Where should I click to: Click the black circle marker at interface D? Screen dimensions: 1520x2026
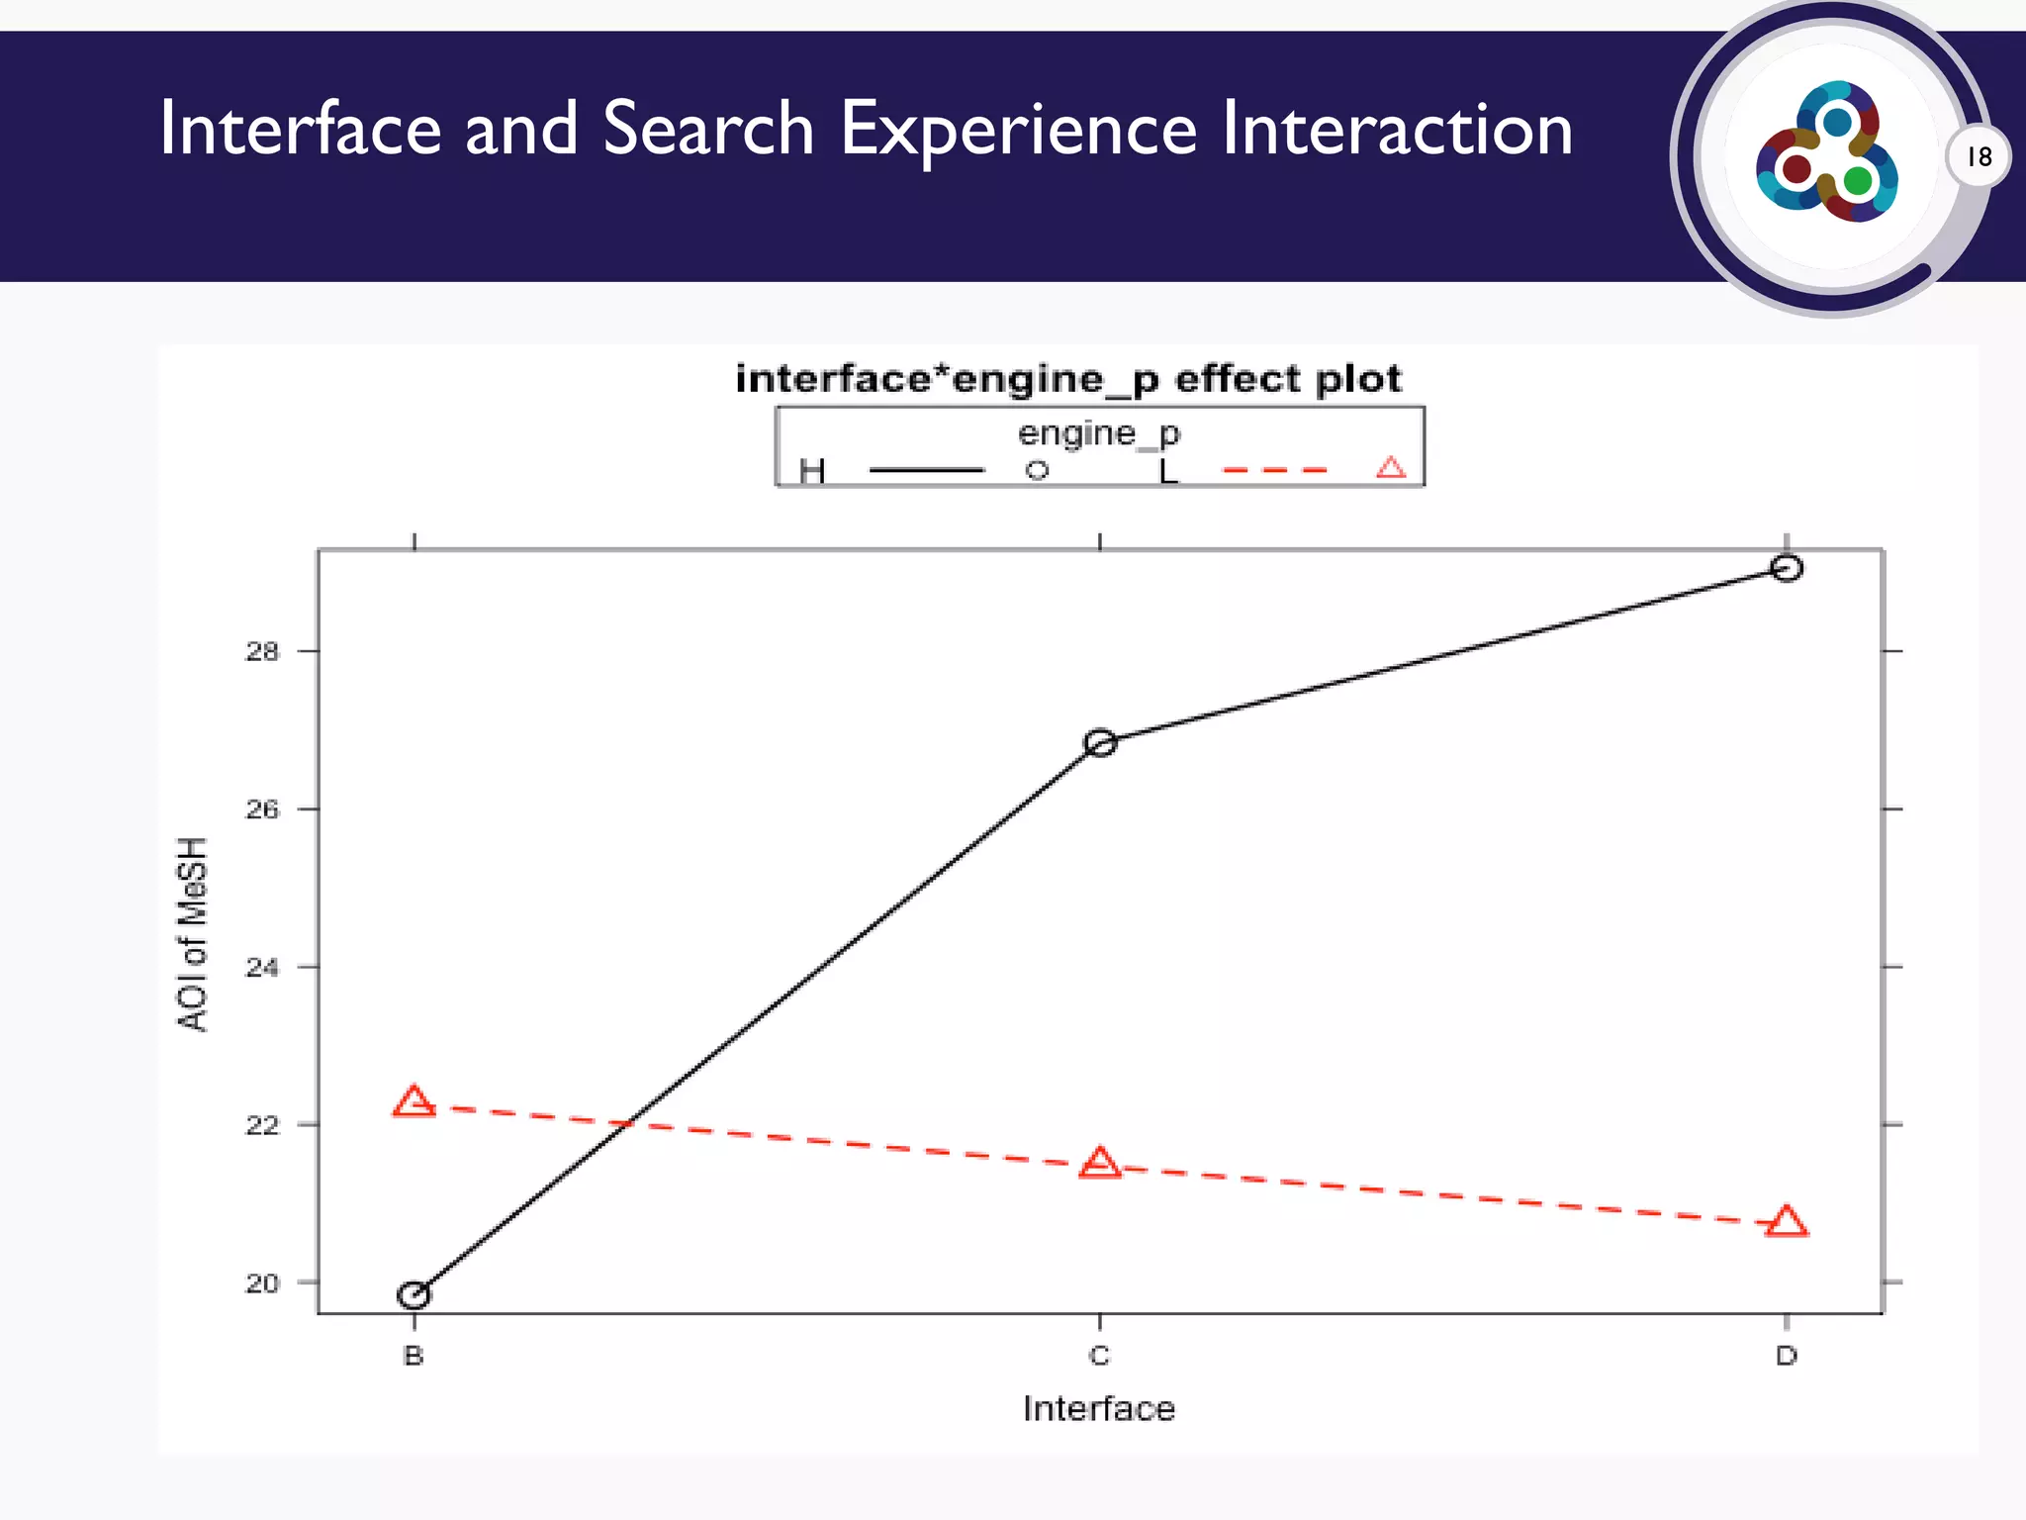(1786, 568)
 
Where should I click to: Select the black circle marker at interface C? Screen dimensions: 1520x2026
(1100, 743)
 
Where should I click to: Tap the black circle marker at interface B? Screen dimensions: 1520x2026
(414, 1294)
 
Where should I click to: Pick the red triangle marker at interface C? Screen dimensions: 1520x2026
(1100, 1164)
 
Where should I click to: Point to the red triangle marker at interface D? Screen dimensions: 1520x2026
(1787, 1223)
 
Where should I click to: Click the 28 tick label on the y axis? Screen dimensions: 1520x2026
(262, 651)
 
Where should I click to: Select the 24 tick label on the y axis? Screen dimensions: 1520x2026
(262, 967)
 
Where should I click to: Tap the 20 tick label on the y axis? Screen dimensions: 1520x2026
(262, 1282)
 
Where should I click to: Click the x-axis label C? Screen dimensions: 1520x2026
(1099, 1356)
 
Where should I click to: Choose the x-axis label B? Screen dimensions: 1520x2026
(414, 1356)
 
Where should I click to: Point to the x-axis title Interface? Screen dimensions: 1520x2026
(1099, 1408)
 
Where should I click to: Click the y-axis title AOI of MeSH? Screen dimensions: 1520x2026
(193, 934)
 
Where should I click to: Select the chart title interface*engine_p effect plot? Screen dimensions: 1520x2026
(1068, 379)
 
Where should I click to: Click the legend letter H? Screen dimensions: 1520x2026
(812, 471)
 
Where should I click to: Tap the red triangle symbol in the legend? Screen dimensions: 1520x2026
(1391, 468)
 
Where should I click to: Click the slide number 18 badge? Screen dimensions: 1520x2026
(1979, 156)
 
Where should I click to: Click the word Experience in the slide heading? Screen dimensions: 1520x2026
(1019, 129)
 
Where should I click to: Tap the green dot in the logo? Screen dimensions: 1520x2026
(1858, 181)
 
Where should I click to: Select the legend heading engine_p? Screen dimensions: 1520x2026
(1099, 433)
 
